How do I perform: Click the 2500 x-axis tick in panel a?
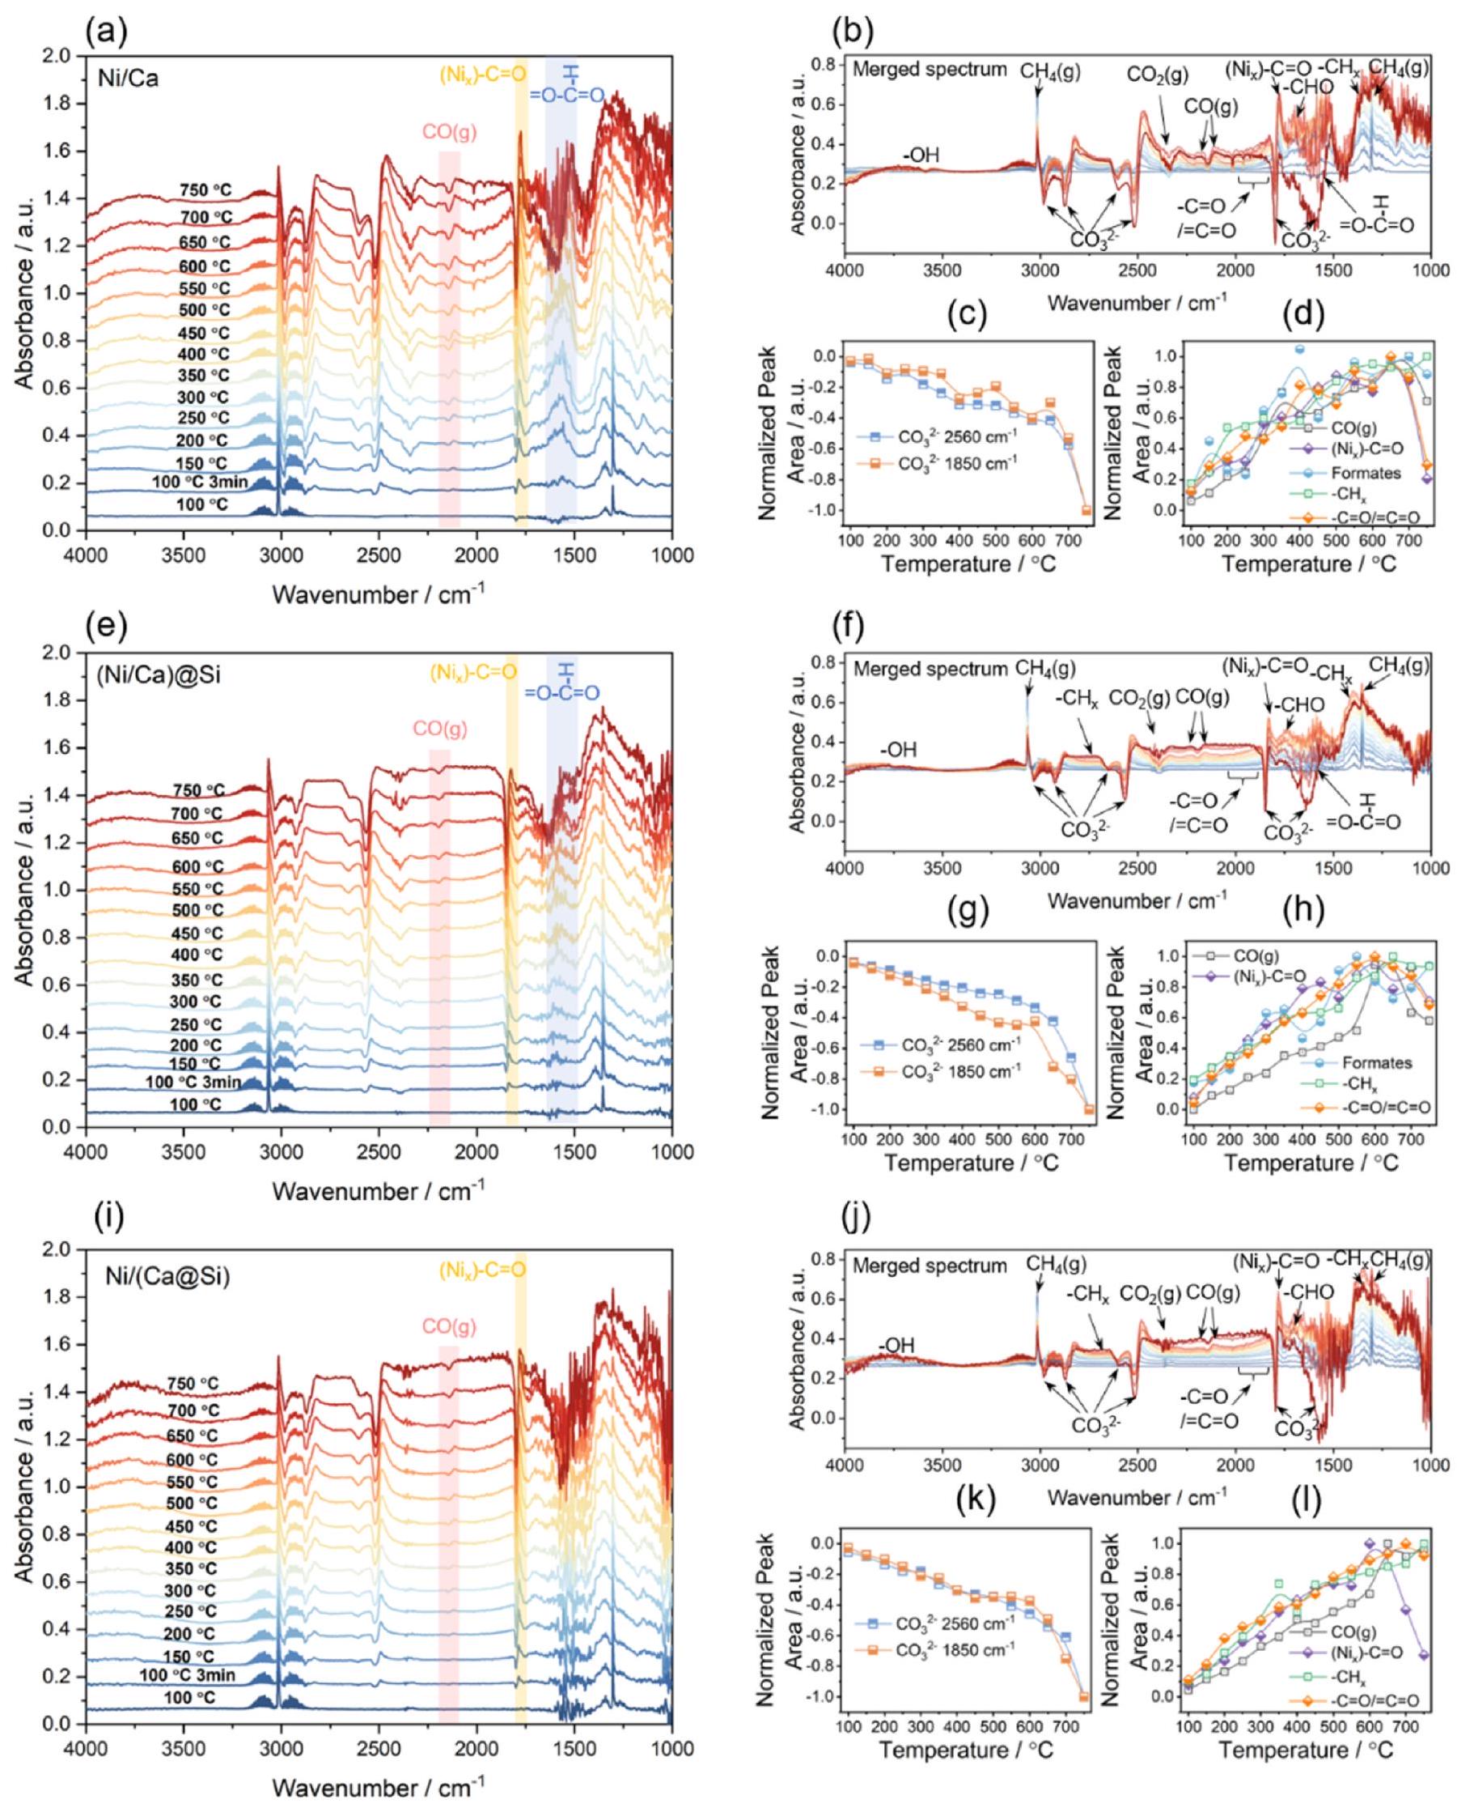[x=379, y=555]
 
